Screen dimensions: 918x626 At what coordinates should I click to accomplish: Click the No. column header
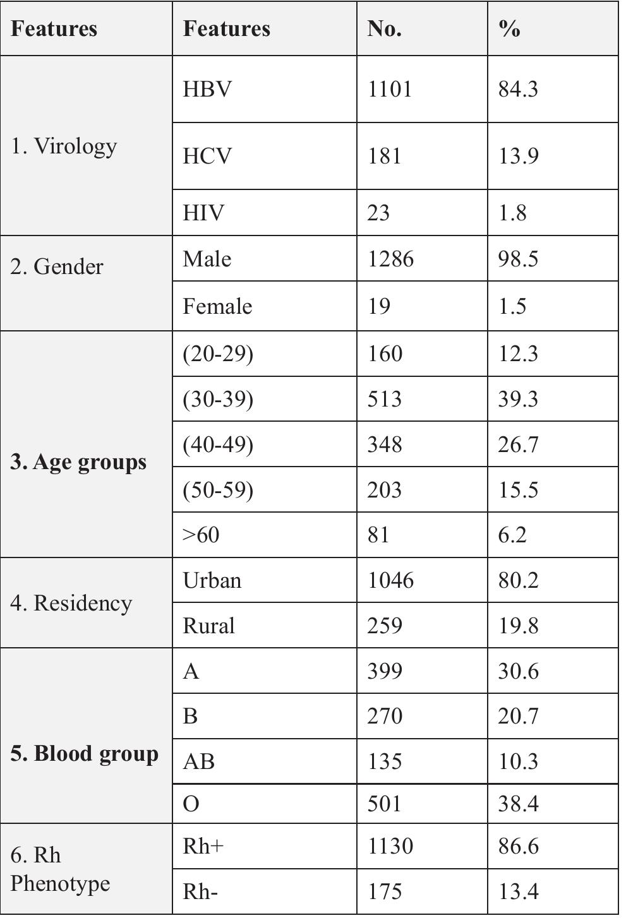384,29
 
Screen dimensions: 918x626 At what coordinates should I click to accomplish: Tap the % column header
509,29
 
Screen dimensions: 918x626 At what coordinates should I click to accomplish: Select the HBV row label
207,89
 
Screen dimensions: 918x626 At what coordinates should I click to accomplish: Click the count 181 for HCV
384,156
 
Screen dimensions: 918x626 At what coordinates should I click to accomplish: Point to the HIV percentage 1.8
512,213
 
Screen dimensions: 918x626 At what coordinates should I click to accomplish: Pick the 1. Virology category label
64,146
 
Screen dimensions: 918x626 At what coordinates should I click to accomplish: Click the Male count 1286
390,259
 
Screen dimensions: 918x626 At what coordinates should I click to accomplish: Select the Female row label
217,306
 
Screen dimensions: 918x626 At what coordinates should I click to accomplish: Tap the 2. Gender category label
57,266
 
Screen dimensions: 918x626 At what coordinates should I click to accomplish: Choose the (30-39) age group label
218,399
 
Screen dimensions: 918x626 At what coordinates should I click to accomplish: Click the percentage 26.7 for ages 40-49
518,444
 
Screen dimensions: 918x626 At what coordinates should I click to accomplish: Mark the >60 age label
201,535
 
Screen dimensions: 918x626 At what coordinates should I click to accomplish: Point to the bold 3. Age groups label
78,462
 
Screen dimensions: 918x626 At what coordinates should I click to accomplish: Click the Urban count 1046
390,580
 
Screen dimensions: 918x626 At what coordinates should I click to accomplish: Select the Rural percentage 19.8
518,626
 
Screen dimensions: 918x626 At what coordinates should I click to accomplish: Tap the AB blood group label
198,761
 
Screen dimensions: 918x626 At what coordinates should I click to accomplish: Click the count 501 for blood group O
384,804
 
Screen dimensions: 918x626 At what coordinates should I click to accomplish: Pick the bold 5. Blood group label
84,754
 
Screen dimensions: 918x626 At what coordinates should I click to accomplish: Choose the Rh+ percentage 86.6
518,846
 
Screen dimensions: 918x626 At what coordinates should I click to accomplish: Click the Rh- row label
200,891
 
